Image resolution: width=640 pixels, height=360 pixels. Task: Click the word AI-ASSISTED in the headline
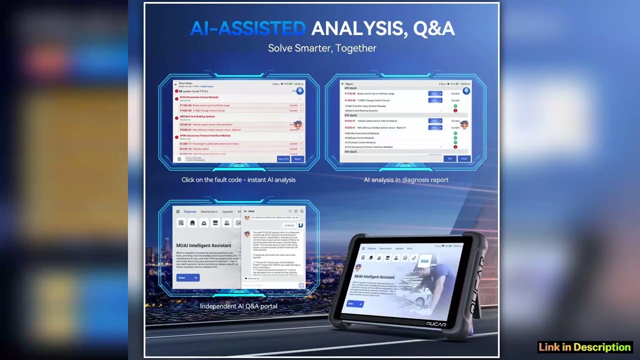tap(248, 28)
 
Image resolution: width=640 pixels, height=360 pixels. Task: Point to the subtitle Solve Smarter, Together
tap(322, 48)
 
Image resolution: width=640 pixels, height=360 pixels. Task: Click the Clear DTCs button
tap(283, 159)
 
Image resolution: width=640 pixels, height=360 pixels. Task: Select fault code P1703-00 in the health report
tap(185, 105)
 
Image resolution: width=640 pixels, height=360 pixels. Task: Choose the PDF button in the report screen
tap(449, 158)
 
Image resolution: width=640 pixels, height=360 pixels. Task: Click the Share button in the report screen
tap(464, 158)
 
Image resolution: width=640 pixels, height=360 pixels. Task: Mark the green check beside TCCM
tap(455, 106)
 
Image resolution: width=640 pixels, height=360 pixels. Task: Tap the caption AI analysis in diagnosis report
tap(406, 180)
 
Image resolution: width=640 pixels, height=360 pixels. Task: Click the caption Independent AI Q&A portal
tap(238, 306)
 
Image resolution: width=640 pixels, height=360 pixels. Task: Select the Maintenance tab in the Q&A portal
tap(209, 211)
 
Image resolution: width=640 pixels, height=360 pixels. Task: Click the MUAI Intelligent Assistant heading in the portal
tap(203, 245)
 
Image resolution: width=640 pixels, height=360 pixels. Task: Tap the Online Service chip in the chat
tap(253, 278)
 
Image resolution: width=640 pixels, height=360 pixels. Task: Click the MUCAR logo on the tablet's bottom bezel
tap(436, 324)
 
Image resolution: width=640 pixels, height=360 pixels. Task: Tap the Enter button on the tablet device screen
tap(355, 303)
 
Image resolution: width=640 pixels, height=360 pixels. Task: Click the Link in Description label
tap(584, 347)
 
